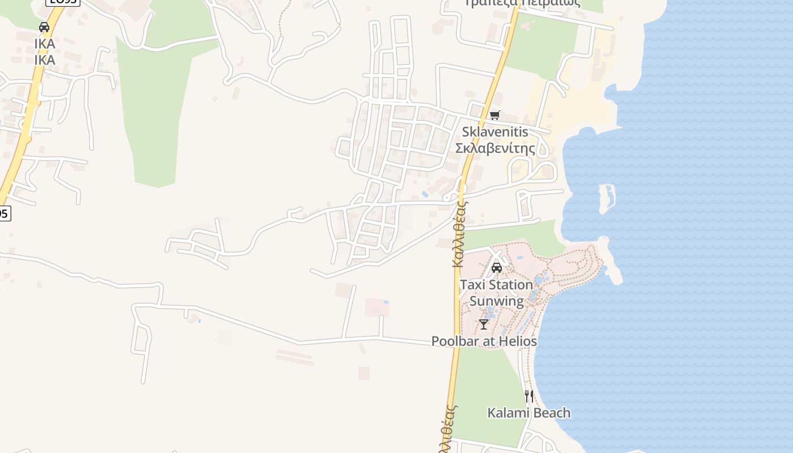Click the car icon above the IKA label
pos(44,27)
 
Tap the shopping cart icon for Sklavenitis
pos(495,116)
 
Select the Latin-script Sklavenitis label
pos(495,132)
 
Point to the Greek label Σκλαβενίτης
pos(495,148)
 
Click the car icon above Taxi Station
pos(497,268)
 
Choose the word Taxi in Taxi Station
pos(472,284)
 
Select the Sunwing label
pos(497,301)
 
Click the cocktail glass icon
pos(483,324)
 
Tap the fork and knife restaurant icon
pos(528,396)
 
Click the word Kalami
pos(507,413)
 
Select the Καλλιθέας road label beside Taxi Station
pos(459,232)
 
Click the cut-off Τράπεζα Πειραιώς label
pos(522,3)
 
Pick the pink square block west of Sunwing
pos(377,307)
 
